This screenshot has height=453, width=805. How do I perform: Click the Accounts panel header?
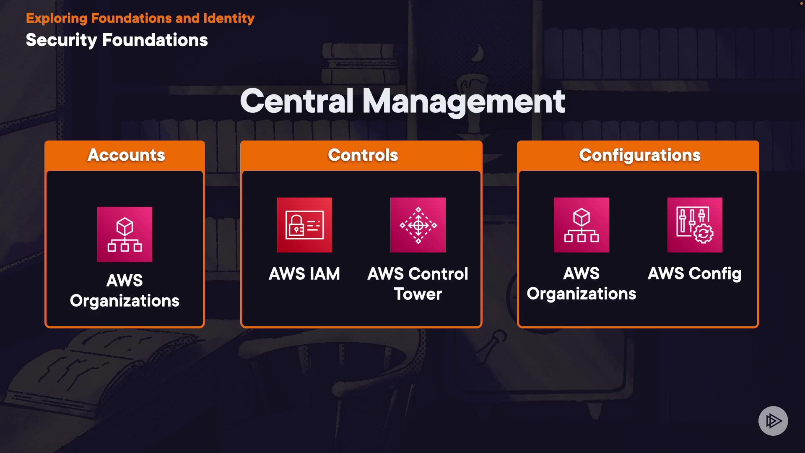click(126, 155)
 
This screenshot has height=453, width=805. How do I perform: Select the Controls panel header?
click(363, 155)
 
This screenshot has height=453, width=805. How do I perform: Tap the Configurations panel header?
click(639, 155)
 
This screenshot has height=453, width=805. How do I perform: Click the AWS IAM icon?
click(304, 225)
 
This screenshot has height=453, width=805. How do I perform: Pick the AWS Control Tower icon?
click(418, 225)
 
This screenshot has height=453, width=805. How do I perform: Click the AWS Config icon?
click(695, 225)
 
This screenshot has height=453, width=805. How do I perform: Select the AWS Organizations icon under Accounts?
click(125, 234)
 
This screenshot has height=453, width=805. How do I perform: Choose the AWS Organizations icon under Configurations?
click(581, 225)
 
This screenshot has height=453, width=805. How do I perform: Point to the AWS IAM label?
click(304, 274)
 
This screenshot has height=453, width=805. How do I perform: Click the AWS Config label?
click(694, 274)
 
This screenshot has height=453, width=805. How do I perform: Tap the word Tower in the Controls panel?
click(418, 294)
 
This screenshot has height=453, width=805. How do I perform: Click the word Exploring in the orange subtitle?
click(57, 18)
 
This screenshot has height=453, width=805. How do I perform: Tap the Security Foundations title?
click(117, 40)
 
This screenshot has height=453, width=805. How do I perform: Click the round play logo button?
click(773, 421)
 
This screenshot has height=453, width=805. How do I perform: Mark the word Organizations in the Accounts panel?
click(125, 301)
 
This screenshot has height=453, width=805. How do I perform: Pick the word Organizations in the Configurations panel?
click(581, 294)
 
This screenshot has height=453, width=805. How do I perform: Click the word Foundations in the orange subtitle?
click(131, 18)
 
